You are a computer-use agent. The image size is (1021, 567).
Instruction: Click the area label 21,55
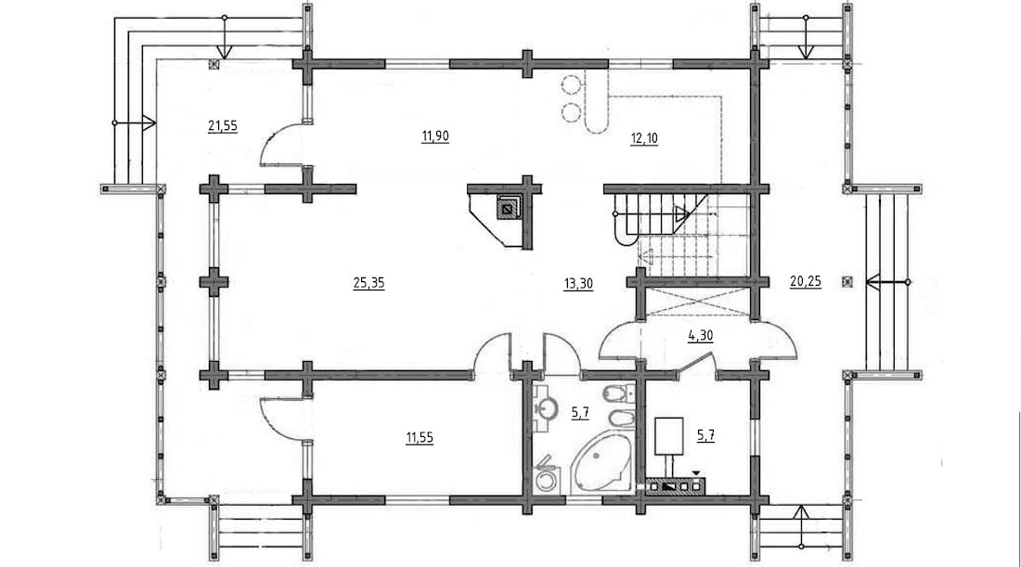(x=222, y=126)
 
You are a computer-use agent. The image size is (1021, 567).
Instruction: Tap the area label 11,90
(x=435, y=136)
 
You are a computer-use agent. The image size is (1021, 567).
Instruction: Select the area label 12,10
(x=643, y=138)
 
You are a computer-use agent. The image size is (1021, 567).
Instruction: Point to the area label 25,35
(x=368, y=283)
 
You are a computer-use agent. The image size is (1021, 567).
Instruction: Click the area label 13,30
(x=578, y=284)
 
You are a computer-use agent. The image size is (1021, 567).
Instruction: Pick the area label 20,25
(x=806, y=282)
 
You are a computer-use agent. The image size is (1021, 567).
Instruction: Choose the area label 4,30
(x=701, y=336)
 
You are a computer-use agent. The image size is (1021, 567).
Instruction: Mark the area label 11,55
(x=420, y=438)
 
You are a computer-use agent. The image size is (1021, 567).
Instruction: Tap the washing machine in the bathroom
(x=545, y=481)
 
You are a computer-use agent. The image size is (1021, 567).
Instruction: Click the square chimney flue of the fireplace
(x=507, y=208)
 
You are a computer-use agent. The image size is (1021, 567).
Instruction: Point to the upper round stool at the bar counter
(x=572, y=84)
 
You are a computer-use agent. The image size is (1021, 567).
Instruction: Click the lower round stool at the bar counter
(x=572, y=112)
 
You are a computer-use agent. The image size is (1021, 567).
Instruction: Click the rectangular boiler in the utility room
(x=668, y=436)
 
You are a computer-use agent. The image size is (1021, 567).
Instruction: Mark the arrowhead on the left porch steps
(x=149, y=122)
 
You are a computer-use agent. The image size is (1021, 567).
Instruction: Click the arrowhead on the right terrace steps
(x=873, y=282)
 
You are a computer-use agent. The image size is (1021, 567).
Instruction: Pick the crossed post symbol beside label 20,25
(x=847, y=282)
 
